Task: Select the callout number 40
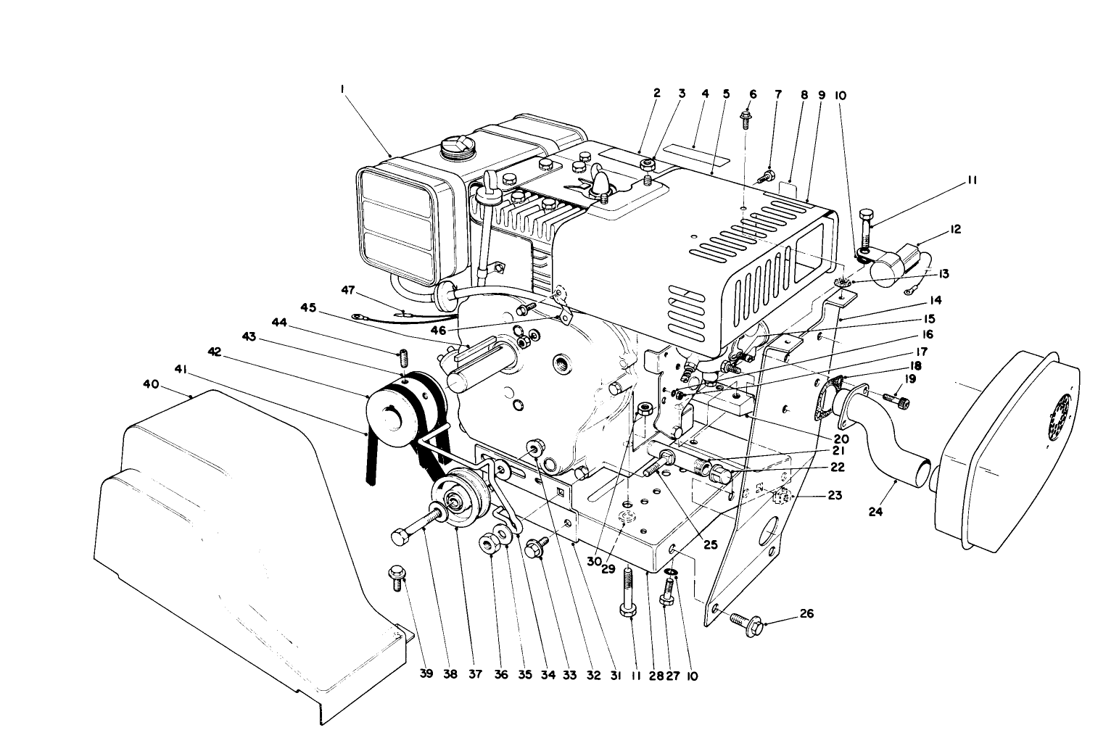pos(150,384)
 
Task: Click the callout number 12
pos(955,229)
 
